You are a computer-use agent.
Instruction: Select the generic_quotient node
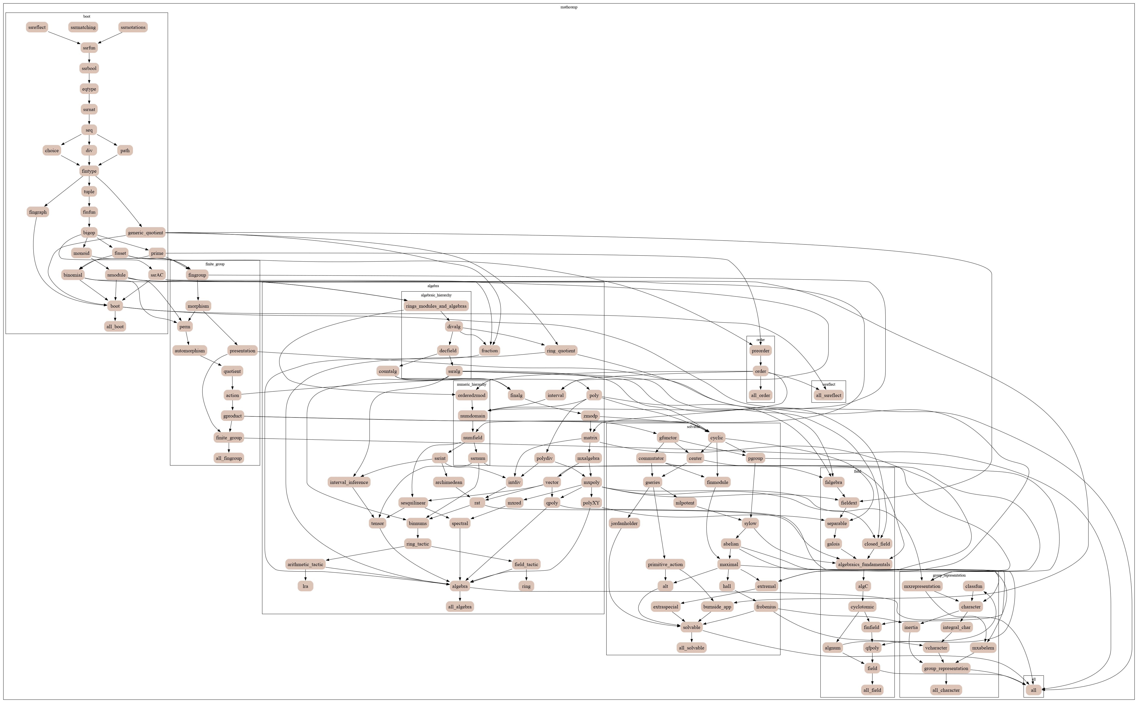(x=145, y=232)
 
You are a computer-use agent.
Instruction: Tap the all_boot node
(x=115, y=326)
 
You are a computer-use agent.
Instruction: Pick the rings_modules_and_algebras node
(x=436, y=306)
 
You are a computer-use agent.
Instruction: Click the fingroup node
(x=197, y=275)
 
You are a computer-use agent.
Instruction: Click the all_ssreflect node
(x=828, y=395)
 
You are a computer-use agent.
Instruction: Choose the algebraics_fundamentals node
(x=864, y=564)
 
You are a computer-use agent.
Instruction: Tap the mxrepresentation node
(x=922, y=586)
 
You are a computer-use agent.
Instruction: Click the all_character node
(x=946, y=690)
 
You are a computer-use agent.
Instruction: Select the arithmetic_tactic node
(x=305, y=564)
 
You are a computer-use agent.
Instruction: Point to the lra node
(x=305, y=586)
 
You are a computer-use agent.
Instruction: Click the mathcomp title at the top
(x=569, y=7)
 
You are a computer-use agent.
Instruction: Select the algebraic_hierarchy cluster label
(x=436, y=295)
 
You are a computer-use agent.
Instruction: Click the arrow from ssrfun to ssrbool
(x=89, y=58)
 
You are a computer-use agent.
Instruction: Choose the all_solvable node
(x=691, y=648)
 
